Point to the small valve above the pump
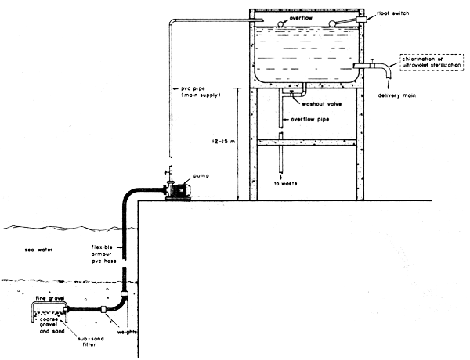coord(168,172)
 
